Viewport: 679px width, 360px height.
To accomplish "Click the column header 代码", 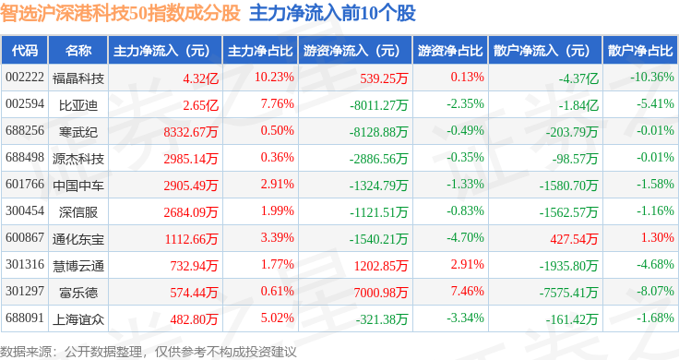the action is click(x=25, y=51).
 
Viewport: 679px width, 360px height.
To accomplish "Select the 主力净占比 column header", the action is click(x=260, y=51).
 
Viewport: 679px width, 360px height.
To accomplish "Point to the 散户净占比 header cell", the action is click(x=640, y=51).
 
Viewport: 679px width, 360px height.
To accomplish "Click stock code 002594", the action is click(x=25, y=104).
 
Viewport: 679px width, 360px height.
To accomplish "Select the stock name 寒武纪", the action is click(x=78, y=132).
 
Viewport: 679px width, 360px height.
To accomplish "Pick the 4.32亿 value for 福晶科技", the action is click(x=201, y=78).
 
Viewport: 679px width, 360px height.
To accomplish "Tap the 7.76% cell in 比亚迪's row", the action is click(x=277, y=104).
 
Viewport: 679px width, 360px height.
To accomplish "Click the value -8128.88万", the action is click(x=378, y=132).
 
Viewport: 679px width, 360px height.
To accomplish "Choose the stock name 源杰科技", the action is click(x=78, y=159).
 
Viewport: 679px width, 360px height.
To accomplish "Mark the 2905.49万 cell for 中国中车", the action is click(x=191, y=186).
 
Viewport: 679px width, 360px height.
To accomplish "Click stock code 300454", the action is click(x=25, y=211).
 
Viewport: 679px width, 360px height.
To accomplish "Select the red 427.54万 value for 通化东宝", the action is click(x=574, y=239).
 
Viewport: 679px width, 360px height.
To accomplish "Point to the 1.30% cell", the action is click(x=658, y=237).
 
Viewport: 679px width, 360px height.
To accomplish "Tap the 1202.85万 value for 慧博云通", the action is click(x=381, y=266).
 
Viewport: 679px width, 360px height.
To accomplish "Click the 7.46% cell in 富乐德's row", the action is click(x=467, y=291).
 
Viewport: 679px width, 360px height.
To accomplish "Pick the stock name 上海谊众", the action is click(x=78, y=319).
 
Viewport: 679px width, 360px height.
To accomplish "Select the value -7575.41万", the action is click(x=568, y=293).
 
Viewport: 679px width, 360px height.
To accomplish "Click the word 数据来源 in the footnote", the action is click(x=26, y=352).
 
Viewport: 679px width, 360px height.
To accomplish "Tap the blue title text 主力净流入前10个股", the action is click(x=332, y=13).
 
